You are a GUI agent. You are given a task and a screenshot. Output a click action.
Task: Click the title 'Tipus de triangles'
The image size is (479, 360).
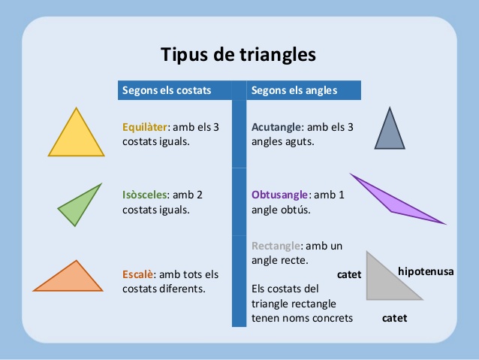coord(238,55)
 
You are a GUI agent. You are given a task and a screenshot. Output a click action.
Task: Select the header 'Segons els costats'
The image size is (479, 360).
coord(167,90)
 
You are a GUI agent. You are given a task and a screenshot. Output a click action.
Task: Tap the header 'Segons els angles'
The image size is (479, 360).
coord(294,90)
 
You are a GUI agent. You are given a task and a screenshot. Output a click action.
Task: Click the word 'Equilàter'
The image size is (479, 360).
coord(145,127)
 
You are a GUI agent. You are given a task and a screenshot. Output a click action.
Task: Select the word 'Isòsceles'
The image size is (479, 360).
coord(145,195)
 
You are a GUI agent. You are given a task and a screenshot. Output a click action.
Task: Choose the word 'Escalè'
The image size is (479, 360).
coord(138,274)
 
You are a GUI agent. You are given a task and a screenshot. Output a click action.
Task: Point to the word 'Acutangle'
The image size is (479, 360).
coord(276,127)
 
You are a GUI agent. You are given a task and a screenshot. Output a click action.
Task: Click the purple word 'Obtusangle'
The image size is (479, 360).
coord(279,195)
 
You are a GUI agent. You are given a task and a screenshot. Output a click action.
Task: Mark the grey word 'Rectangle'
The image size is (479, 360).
coord(276,246)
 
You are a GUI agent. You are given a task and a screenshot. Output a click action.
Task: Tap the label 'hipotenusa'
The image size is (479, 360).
coord(426,271)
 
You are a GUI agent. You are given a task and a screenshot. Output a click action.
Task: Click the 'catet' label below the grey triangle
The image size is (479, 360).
coord(394,318)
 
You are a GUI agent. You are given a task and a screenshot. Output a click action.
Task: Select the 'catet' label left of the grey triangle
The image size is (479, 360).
coord(349,274)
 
